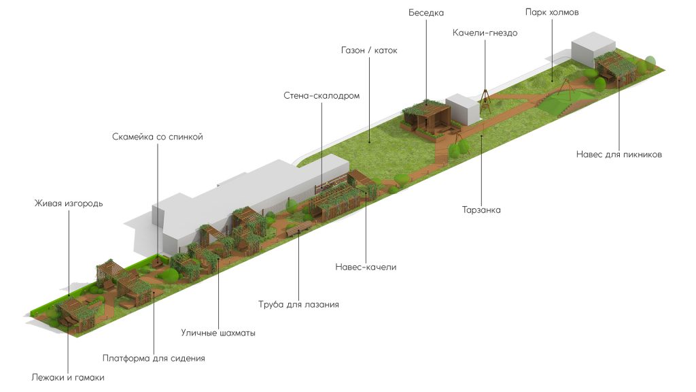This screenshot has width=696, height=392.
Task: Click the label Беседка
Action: click(425, 13)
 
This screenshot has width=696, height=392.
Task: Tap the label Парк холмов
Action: click(551, 13)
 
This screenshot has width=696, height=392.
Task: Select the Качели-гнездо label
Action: click(485, 33)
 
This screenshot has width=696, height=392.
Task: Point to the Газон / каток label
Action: click(368, 50)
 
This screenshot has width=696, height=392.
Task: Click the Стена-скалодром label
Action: click(321, 96)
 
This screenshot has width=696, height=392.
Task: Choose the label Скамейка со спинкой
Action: click(158, 137)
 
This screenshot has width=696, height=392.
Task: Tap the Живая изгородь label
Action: click(69, 203)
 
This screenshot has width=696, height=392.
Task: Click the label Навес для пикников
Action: click(619, 154)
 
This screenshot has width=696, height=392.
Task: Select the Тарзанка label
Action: click(481, 210)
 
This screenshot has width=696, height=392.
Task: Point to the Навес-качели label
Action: click(366, 267)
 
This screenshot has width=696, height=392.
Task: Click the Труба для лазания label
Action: click(298, 304)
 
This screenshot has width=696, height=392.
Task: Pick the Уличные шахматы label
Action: click(218, 333)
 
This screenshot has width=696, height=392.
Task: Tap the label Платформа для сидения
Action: click(154, 357)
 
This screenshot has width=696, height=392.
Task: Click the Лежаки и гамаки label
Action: click(68, 376)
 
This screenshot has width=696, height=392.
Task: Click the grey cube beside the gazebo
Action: click(464, 110)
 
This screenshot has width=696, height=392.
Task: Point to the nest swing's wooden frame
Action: click(485, 99)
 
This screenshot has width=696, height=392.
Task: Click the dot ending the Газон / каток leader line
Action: click(368, 142)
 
